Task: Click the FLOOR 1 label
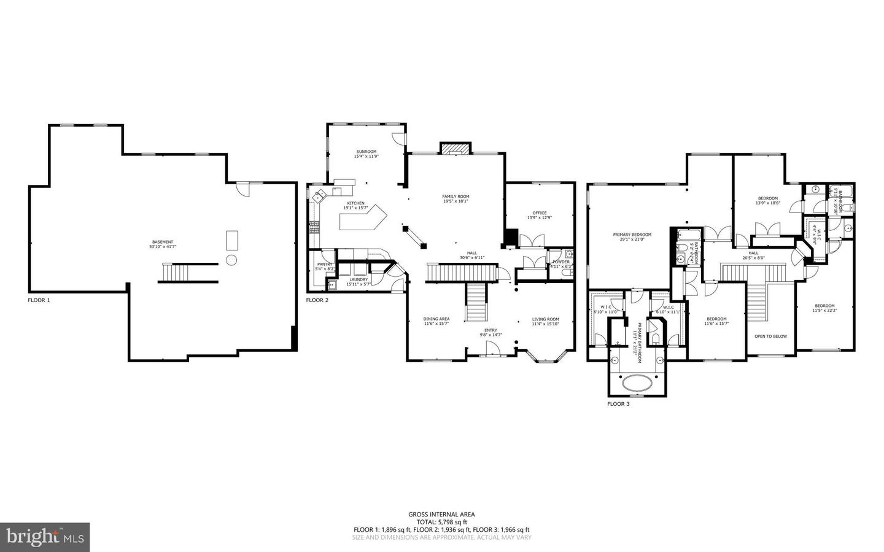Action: click(x=39, y=300)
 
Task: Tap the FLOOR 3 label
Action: click(x=618, y=404)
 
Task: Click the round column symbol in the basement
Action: click(x=231, y=260)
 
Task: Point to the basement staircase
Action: click(x=188, y=273)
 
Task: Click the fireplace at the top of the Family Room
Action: click(x=456, y=149)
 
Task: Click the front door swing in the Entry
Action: click(x=492, y=349)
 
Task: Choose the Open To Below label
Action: click(x=770, y=336)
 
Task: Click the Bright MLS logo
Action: click(x=45, y=537)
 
